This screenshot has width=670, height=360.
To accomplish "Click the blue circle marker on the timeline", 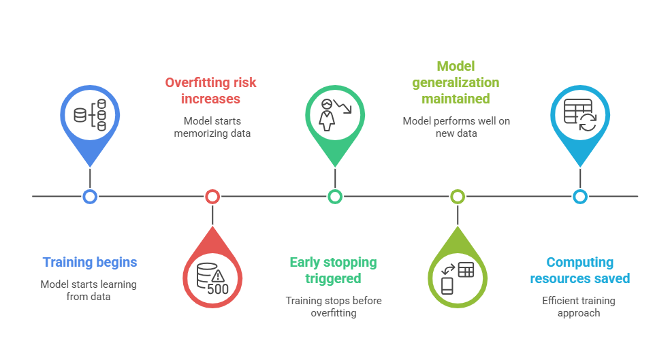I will [x=90, y=197].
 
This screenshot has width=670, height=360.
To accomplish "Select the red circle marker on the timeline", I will [x=212, y=197].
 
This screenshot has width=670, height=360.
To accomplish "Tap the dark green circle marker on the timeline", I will [x=335, y=197].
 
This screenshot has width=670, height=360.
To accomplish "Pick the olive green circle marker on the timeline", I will [x=458, y=197].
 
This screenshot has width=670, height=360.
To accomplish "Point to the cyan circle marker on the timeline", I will [x=580, y=197].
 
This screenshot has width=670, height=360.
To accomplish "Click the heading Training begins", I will [x=90, y=262].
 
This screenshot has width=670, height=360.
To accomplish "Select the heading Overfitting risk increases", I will [x=211, y=91].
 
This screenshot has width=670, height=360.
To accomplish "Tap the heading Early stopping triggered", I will [x=333, y=270].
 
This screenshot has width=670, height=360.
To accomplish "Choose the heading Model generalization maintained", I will [x=456, y=82].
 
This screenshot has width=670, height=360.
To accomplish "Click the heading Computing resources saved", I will [x=580, y=270].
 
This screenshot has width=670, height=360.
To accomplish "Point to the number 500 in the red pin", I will [x=217, y=289].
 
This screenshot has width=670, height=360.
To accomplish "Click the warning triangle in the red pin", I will [x=218, y=276].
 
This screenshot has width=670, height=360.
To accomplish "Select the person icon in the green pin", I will [x=327, y=115].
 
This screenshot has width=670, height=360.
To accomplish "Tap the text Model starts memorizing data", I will [x=212, y=127].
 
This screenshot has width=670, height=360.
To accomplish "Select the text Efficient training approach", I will [x=579, y=306].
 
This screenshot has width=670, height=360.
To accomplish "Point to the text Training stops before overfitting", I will [x=333, y=306].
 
